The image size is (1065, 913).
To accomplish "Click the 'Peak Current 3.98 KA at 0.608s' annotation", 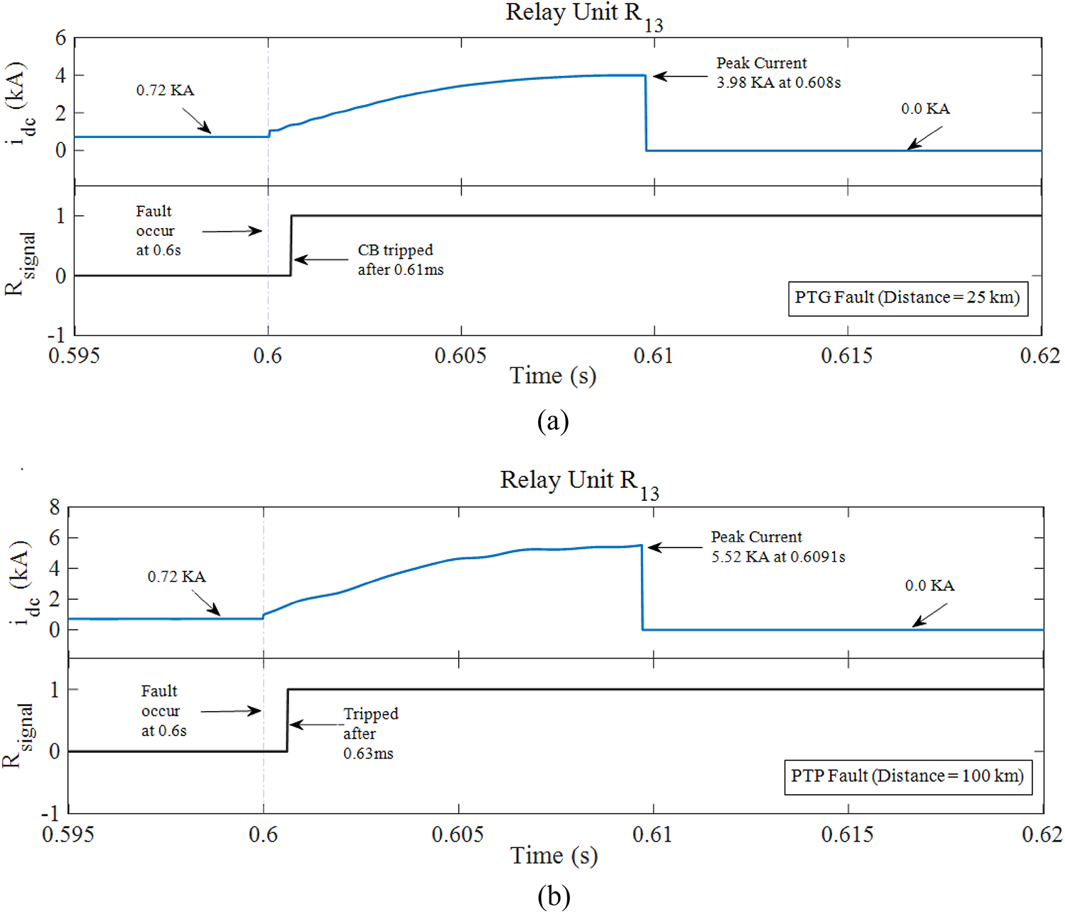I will (x=778, y=73).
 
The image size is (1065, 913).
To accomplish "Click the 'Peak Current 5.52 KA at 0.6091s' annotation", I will (x=778, y=547).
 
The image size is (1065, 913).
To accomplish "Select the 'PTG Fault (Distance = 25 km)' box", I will (x=907, y=297).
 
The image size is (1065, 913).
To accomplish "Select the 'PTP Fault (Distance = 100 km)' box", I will (x=907, y=776).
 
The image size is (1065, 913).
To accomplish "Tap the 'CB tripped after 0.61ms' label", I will (x=400, y=260).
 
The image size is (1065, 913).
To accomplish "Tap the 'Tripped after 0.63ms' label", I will (x=370, y=733).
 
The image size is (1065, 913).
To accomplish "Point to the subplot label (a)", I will (x=552, y=421).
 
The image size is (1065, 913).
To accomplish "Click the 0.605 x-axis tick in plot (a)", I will (x=460, y=356).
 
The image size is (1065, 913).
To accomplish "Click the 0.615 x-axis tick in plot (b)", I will (x=847, y=834).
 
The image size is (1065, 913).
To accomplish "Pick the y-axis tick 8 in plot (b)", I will (x=55, y=507).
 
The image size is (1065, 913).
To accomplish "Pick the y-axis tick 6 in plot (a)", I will (x=61, y=38).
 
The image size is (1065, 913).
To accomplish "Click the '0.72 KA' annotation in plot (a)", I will (x=165, y=91).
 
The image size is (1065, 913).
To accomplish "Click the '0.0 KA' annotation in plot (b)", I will (x=929, y=586).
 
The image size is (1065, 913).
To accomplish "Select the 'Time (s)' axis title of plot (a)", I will (x=552, y=376).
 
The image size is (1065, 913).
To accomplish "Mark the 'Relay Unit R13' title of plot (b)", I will (x=579, y=482).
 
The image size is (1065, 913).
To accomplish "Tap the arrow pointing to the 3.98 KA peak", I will (x=680, y=76).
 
